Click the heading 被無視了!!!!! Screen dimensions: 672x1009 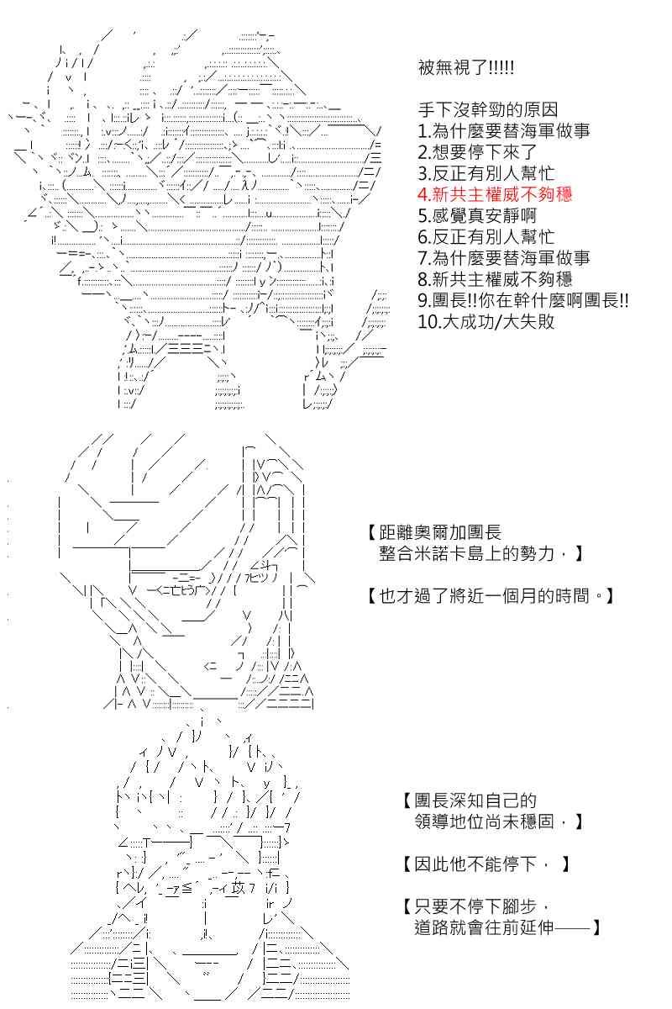tap(466, 68)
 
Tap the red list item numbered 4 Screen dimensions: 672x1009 tap(495, 194)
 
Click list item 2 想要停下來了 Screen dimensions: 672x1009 tap(477, 152)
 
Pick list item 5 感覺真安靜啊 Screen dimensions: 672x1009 tap(477, 215)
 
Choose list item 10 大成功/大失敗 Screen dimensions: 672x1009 tap(486, 321)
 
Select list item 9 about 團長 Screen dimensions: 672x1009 tap(523, 300)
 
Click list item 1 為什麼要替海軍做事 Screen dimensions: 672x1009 tap(504, 131)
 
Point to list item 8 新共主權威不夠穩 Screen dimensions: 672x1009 tap(495, 279)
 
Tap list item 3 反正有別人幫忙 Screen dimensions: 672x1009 tap(486, 173)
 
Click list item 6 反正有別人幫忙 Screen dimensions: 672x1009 tap(486, 236)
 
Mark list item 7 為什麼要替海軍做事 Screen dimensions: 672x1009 tap(504, 258)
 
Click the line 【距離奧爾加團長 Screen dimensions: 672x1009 tap(435, 532)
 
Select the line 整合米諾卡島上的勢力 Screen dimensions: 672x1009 tap(480, 553)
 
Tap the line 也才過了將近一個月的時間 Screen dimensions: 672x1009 tap(491, 596)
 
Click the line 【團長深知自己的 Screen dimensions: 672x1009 tap(470, 800)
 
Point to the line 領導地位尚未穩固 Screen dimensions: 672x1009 tap(499, 821)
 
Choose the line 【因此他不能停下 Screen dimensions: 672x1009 tap(486, 864)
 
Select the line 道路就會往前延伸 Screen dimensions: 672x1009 tap(507, 927)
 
